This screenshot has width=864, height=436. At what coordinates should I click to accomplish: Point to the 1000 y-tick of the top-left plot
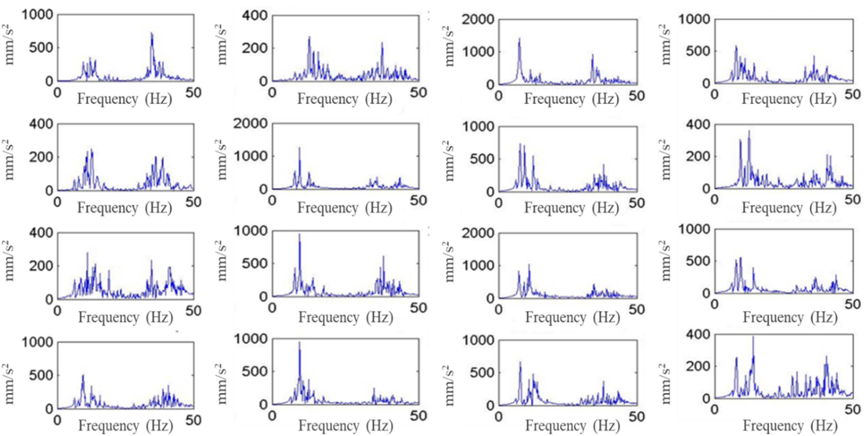(38, 15)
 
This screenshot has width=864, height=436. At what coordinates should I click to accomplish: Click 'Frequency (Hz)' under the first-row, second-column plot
(345, 99)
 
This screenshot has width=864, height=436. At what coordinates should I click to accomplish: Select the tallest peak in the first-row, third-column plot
(519, 39)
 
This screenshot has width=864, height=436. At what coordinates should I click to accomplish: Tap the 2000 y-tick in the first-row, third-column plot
(478, 19)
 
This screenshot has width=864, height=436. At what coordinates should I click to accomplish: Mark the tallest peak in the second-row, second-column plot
(299, 148)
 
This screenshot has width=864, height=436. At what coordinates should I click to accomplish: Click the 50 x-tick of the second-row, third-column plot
(637, 203)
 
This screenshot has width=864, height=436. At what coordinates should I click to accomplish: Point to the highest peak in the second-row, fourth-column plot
(749, 131)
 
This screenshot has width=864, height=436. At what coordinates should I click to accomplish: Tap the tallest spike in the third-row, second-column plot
(299, 235)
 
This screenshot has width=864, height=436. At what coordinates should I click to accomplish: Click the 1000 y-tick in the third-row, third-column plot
(478, 265)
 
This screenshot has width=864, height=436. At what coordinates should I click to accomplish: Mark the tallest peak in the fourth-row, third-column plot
(520, 362)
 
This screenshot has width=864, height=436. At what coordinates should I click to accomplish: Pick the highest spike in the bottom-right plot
(753, 337)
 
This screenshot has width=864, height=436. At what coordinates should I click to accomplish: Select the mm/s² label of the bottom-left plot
(9, 384)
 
